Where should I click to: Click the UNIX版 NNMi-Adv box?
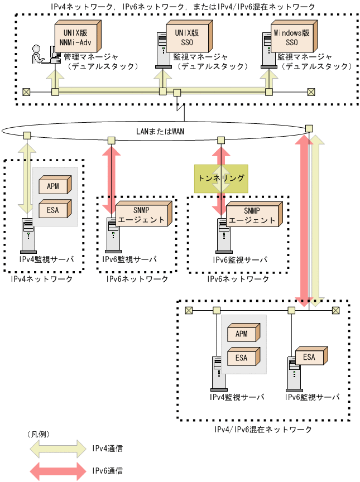pyautogui.click(x=77, y=37)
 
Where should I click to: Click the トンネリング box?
pyautogui.click(x=221, y=178)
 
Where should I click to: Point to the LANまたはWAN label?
pyautogui.click(x=160, y=132)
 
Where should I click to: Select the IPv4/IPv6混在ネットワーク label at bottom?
pyautogui.click(x=263, y=430)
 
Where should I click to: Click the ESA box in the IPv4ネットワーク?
pyautogui.click(x=53, y=210)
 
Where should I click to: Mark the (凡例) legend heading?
pyautogui.click(x=38, y=434)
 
